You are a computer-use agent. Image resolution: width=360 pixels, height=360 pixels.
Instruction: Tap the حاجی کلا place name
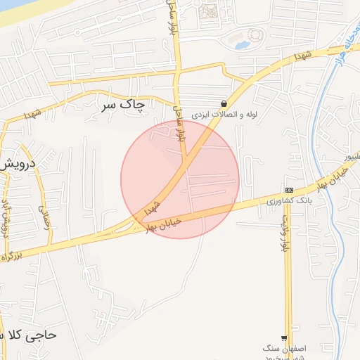(32, 335)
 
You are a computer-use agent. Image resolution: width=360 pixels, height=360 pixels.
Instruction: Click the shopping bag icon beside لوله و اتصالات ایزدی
(224, 103)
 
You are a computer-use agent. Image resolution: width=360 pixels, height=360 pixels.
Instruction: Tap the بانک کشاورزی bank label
(289, 201)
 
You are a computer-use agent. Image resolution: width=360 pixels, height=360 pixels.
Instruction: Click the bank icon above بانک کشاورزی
(289, 191)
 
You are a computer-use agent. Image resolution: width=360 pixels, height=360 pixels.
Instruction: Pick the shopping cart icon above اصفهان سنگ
(285, 337)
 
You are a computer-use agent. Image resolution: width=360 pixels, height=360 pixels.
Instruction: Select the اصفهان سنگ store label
(282, 349)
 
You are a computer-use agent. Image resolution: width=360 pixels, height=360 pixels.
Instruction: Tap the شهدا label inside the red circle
(152, 207)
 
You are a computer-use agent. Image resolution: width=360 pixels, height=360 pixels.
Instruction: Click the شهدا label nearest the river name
(304, 56)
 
